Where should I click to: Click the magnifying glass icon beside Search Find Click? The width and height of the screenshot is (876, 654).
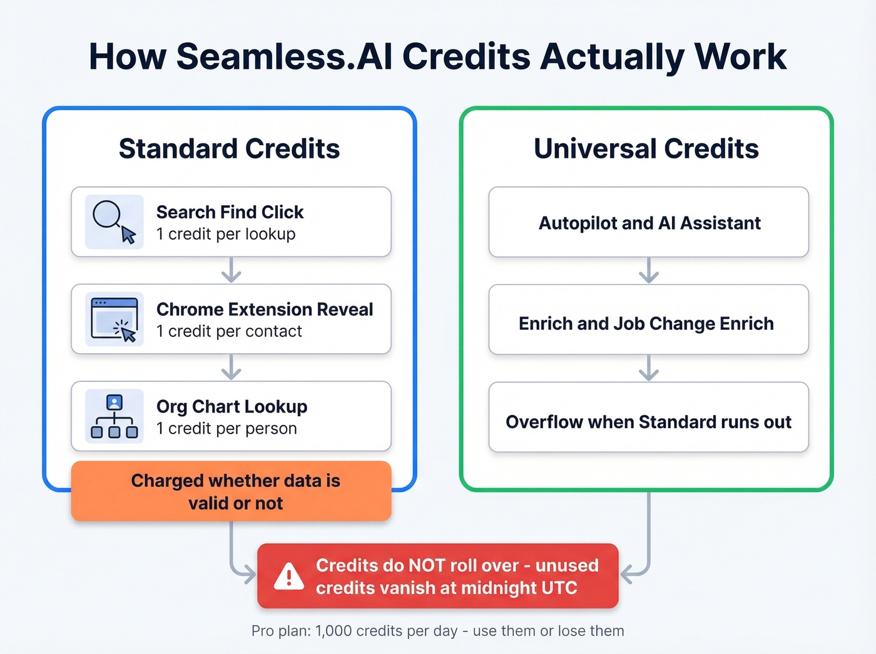(114, 222)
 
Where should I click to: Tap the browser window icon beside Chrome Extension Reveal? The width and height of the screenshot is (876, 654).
(114, 319)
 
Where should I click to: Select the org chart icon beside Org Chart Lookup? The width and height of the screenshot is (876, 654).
(114, 416)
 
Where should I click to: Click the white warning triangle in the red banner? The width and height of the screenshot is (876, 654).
(288, 576)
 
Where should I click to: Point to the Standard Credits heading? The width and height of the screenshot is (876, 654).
(229, 149)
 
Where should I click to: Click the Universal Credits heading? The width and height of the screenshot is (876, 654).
(646, 149)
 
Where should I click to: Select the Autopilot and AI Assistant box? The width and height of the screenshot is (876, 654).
(648, 222)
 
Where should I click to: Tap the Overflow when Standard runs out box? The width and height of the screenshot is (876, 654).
(648, 421)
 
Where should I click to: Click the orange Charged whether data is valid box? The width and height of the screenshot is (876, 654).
(231, 491)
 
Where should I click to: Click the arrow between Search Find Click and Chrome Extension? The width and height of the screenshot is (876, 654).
(231, 270)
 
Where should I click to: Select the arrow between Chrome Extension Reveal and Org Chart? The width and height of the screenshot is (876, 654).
(231, 367)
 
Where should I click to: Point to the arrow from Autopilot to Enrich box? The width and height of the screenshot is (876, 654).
(648, 270)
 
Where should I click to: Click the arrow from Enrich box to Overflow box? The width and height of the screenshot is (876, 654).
(648, 368)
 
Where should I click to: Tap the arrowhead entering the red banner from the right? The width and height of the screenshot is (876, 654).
(626, 574)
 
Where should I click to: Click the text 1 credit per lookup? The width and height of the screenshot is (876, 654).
(225, 234)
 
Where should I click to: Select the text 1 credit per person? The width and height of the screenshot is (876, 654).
(226, 429)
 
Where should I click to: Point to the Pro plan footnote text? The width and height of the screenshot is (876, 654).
(437, 631)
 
